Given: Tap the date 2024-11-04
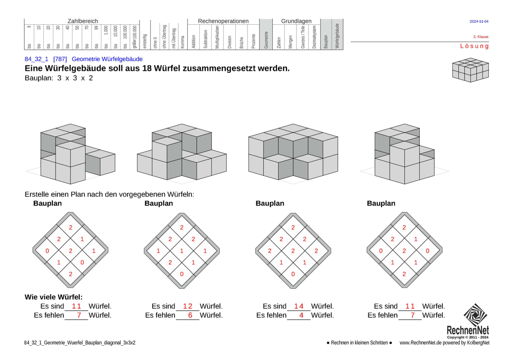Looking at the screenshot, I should click(x=479, y=22).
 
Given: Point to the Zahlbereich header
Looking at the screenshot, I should click(x=82, y=21).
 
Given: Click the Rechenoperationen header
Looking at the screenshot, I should click(x=223, y=21).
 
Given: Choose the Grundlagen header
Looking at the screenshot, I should click(x=296, y=21).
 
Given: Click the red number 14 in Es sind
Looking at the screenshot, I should click(x=299, y=306).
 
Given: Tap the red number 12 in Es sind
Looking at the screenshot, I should click(x=188, y=306).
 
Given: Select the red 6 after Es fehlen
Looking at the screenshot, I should click(x=190, y=316).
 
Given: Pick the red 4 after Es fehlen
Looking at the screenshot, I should click(x=301, y=316).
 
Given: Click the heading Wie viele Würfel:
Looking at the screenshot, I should click(x=53, y=297).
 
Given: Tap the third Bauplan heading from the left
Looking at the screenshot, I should click(x=270, y=204).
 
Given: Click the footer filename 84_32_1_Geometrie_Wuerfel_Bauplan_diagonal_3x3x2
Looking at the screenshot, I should click(x=79, y=343).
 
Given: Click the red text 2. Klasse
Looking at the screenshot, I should click(x=480, y=37).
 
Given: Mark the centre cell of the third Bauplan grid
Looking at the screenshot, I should click(x=293, y=251).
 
